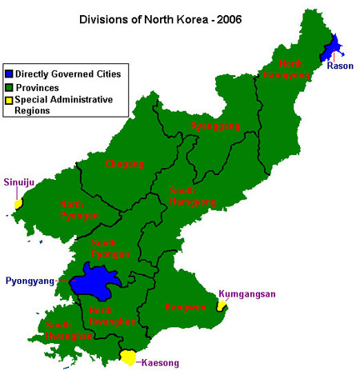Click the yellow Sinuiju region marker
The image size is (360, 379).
[x=18, y=205]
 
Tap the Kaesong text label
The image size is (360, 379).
[x=160, y=363]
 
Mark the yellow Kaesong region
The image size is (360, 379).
[x=128, y=357]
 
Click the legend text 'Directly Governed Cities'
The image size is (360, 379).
[x=68, y=74]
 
